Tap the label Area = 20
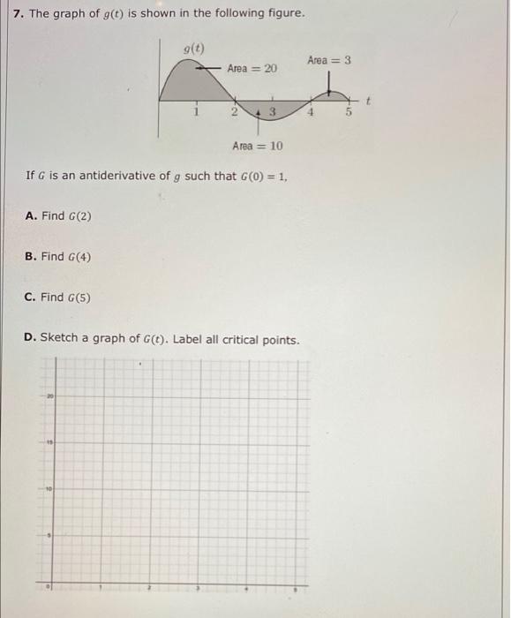click(x=252, y=68)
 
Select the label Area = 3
click(x=329, y=60)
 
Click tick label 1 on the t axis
click(x=196, y=112)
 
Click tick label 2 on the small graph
click(x=234, y=112)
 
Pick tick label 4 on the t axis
click(x=311, y=112)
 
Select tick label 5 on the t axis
click(x=349, y=112)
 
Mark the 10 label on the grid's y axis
click(x=50, y=488)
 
